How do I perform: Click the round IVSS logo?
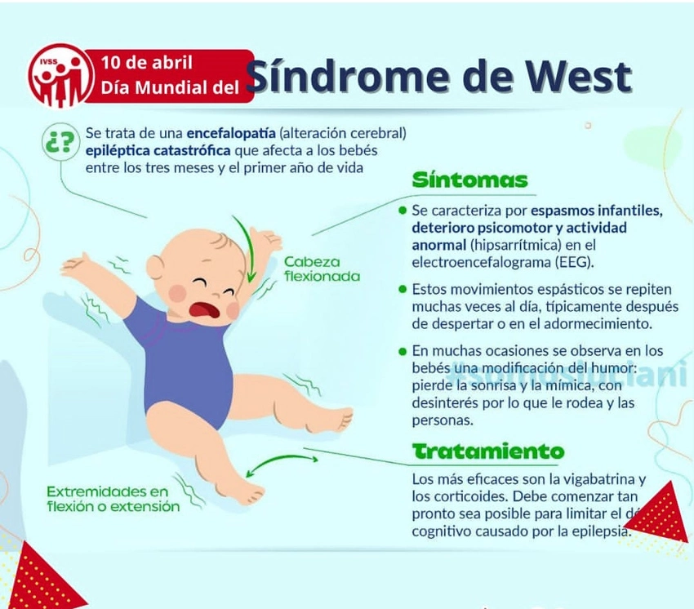[x=59, y=75]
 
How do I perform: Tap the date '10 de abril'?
[x=147, y=63]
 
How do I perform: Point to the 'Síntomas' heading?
[x=469, y=180]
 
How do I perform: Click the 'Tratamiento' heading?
[x=487, y=451]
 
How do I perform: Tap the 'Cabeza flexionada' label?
[x=322, y=269]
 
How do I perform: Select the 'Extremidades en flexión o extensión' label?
[x=113, y=499]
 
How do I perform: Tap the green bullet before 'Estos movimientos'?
[x=403, y=289]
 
